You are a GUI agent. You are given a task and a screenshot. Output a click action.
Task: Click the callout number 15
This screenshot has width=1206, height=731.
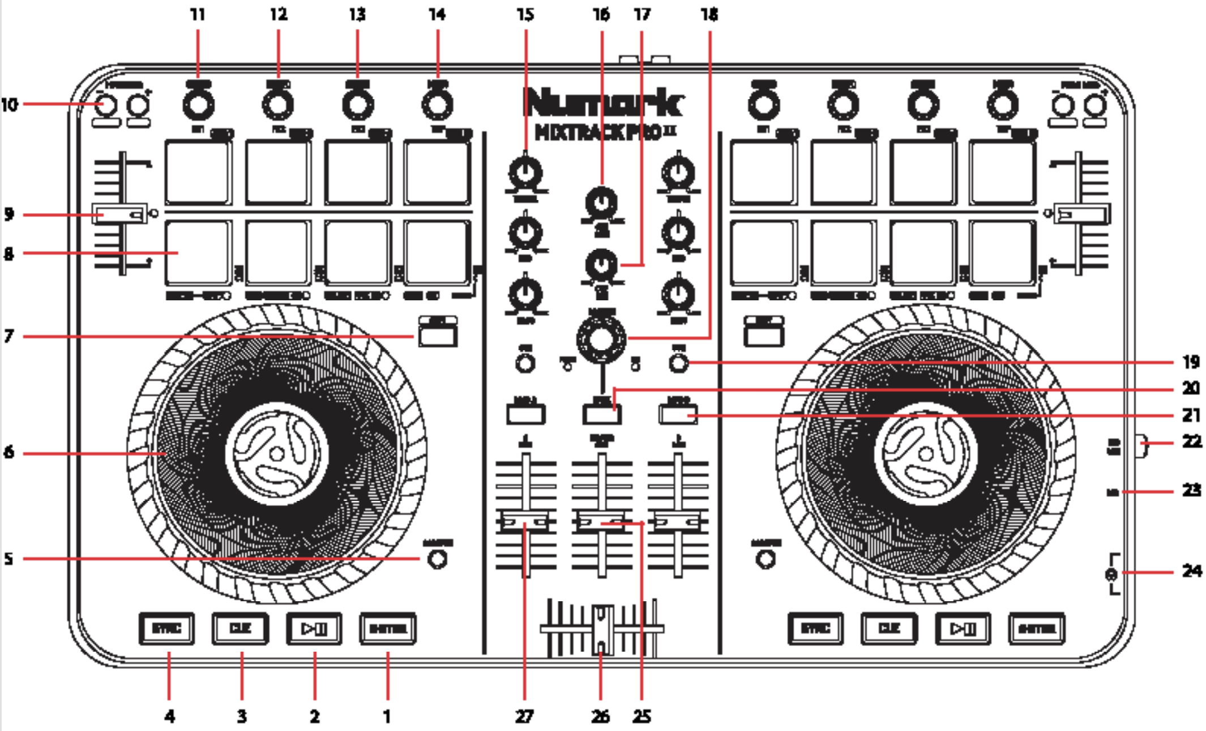[x=525, y=14]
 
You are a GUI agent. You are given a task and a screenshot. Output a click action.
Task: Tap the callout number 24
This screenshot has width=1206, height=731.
[x=1191, y=571]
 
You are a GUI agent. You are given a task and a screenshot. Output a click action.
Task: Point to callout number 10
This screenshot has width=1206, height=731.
[x=10, y=104]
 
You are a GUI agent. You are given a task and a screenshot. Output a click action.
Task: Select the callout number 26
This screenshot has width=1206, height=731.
[x=600, y=716]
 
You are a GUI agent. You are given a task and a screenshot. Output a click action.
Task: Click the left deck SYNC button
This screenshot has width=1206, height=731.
[x=166, y=628]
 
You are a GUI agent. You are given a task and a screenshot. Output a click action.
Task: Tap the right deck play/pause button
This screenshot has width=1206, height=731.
[x=962, y=628]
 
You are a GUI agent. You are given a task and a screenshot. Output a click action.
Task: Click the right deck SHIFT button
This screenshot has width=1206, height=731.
[x=1036, y=628]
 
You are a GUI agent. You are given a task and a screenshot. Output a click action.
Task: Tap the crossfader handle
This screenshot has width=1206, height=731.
[x=602, y=628]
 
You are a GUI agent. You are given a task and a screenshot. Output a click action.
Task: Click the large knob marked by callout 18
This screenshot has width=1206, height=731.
[x=601, y=339]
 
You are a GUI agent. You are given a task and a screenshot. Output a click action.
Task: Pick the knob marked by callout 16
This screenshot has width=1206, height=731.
[x=601, y=202]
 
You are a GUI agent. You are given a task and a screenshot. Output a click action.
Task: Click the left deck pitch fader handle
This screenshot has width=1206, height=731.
[x=120, y=215]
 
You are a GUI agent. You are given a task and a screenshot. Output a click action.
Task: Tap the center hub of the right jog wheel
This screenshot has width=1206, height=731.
[x=925, y=453]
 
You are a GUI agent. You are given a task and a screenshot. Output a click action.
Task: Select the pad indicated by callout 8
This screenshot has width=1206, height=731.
[x=198, y=253]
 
